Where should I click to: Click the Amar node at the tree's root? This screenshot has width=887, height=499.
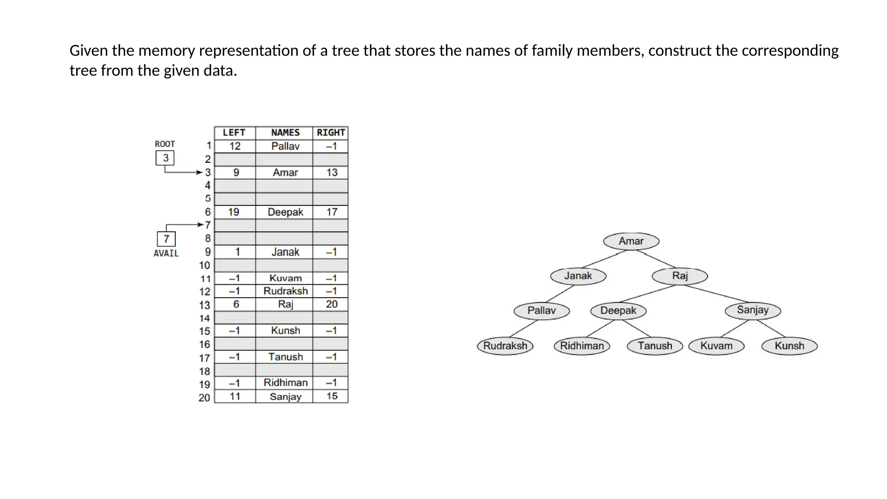(631, 241)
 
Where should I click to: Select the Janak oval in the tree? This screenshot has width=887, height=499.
(578, 276)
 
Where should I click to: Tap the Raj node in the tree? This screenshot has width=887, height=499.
(680, 276)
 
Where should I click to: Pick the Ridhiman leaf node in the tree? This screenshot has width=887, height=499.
(582, 346)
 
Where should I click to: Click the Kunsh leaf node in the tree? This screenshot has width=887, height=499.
(789, 346)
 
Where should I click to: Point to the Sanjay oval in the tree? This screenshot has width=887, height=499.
(753, 310)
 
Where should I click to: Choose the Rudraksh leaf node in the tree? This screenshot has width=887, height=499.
(505, 346)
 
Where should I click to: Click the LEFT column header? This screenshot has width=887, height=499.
(234, 133)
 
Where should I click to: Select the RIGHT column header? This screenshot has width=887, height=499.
(330, 133)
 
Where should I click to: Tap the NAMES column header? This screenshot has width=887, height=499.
(285, 133)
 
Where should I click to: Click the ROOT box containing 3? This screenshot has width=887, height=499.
(165, 158)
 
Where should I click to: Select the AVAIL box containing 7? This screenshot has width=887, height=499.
(166, 239)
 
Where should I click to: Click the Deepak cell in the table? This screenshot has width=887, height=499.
(285, 212)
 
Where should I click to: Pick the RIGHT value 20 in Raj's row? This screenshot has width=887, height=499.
(331, 304)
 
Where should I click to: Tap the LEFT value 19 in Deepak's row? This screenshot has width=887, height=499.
(234, 212)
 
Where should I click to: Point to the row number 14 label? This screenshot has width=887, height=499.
(204, 318)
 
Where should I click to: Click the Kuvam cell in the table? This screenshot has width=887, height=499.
(285, 278)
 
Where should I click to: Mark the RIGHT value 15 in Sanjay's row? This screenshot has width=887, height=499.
(331, 396)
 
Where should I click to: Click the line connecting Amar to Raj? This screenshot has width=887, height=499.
(656, 259)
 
